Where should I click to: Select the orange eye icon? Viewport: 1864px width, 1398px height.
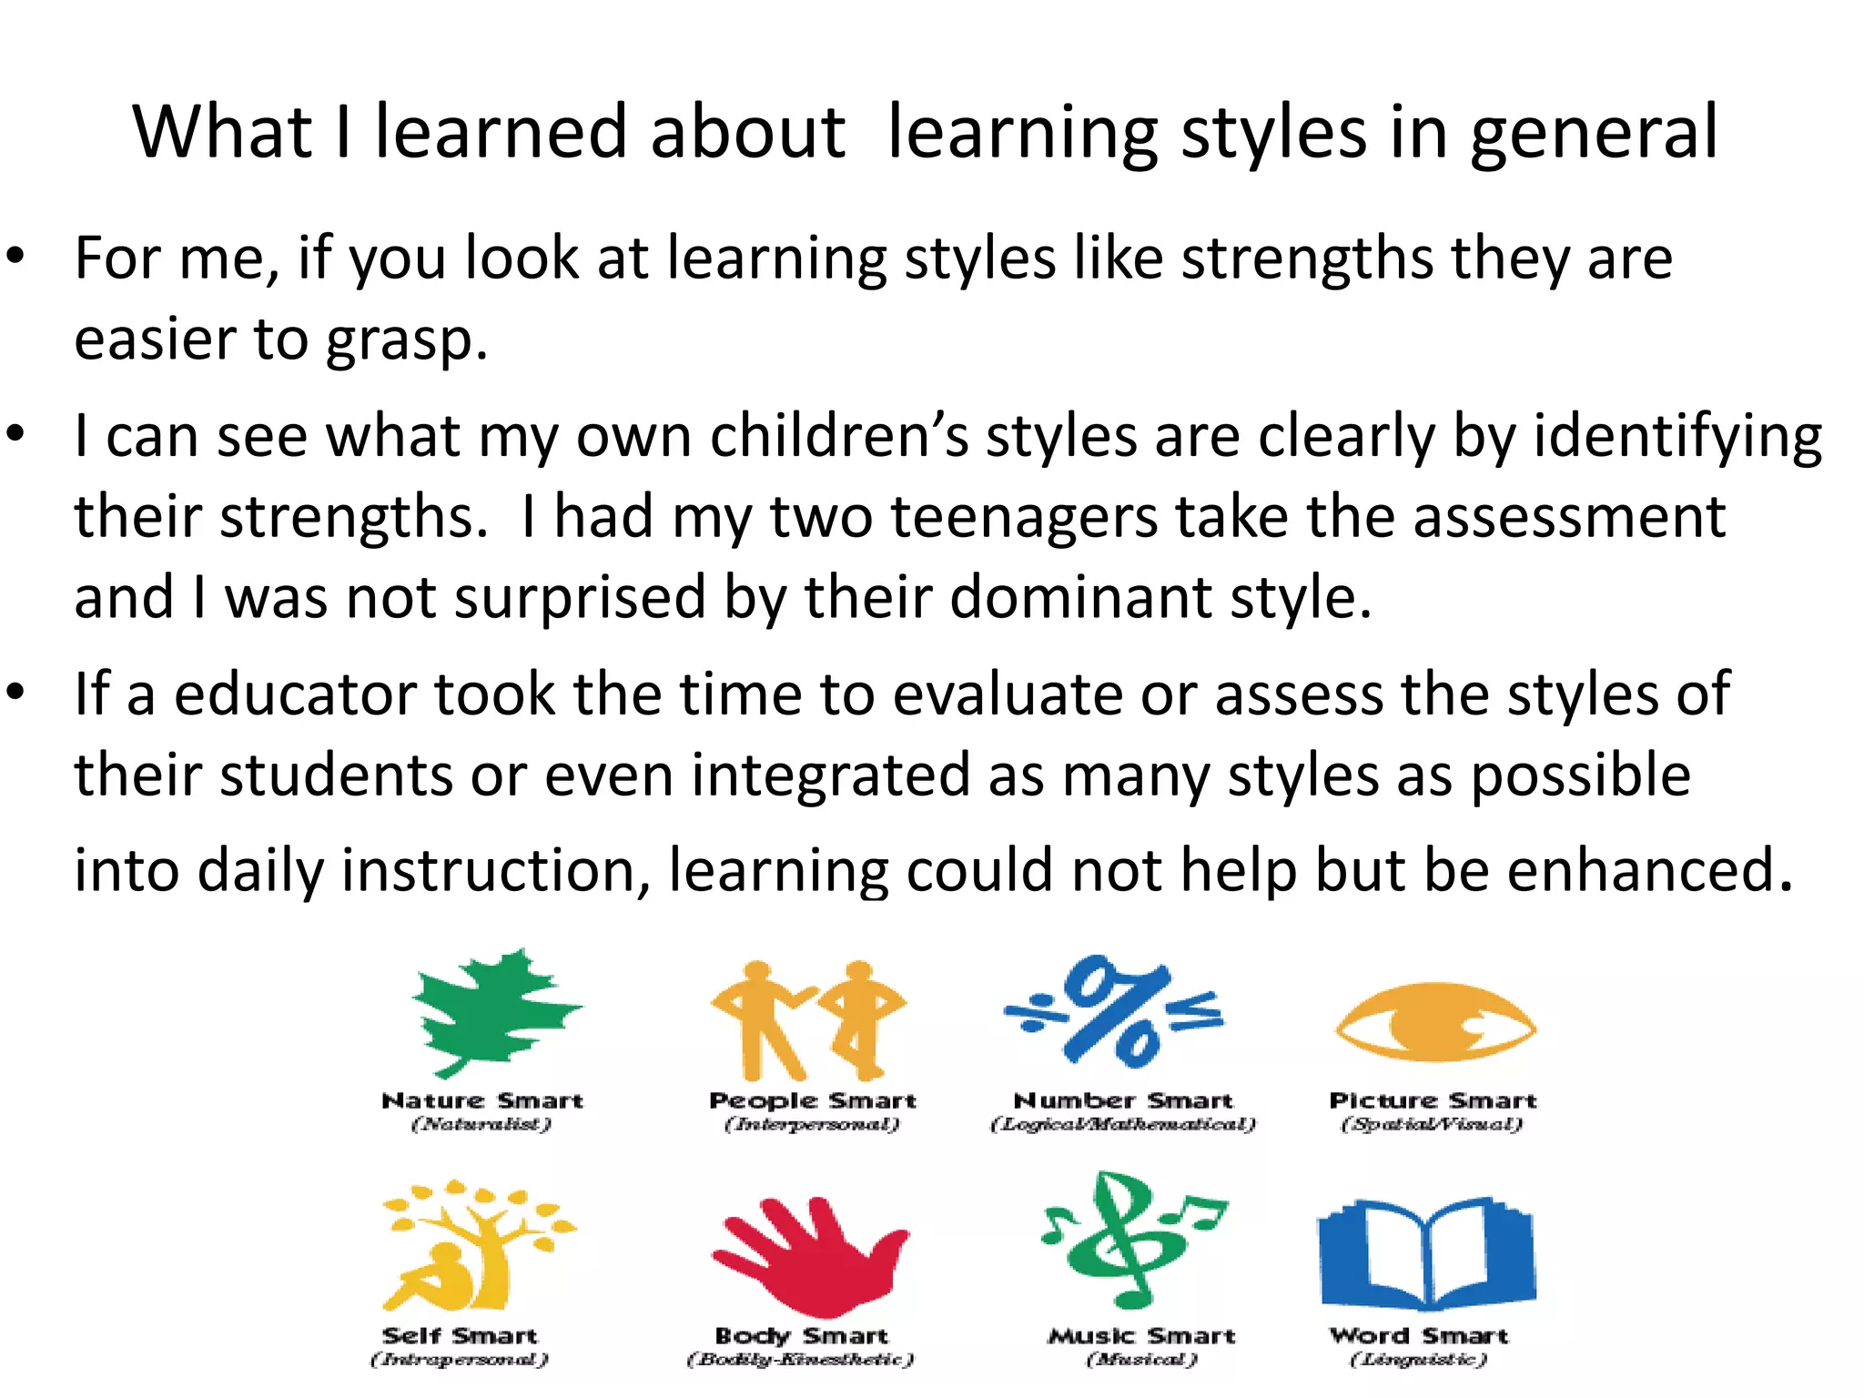point(1435,1023)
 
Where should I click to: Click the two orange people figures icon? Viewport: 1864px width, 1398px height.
point(808,1018)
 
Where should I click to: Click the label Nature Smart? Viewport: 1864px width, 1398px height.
point(482,1101)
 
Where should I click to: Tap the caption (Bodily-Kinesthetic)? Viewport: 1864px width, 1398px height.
point(800,1360)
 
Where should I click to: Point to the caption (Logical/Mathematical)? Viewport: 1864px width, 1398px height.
point(1123,1125)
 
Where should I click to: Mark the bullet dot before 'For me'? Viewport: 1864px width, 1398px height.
point(15,257)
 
